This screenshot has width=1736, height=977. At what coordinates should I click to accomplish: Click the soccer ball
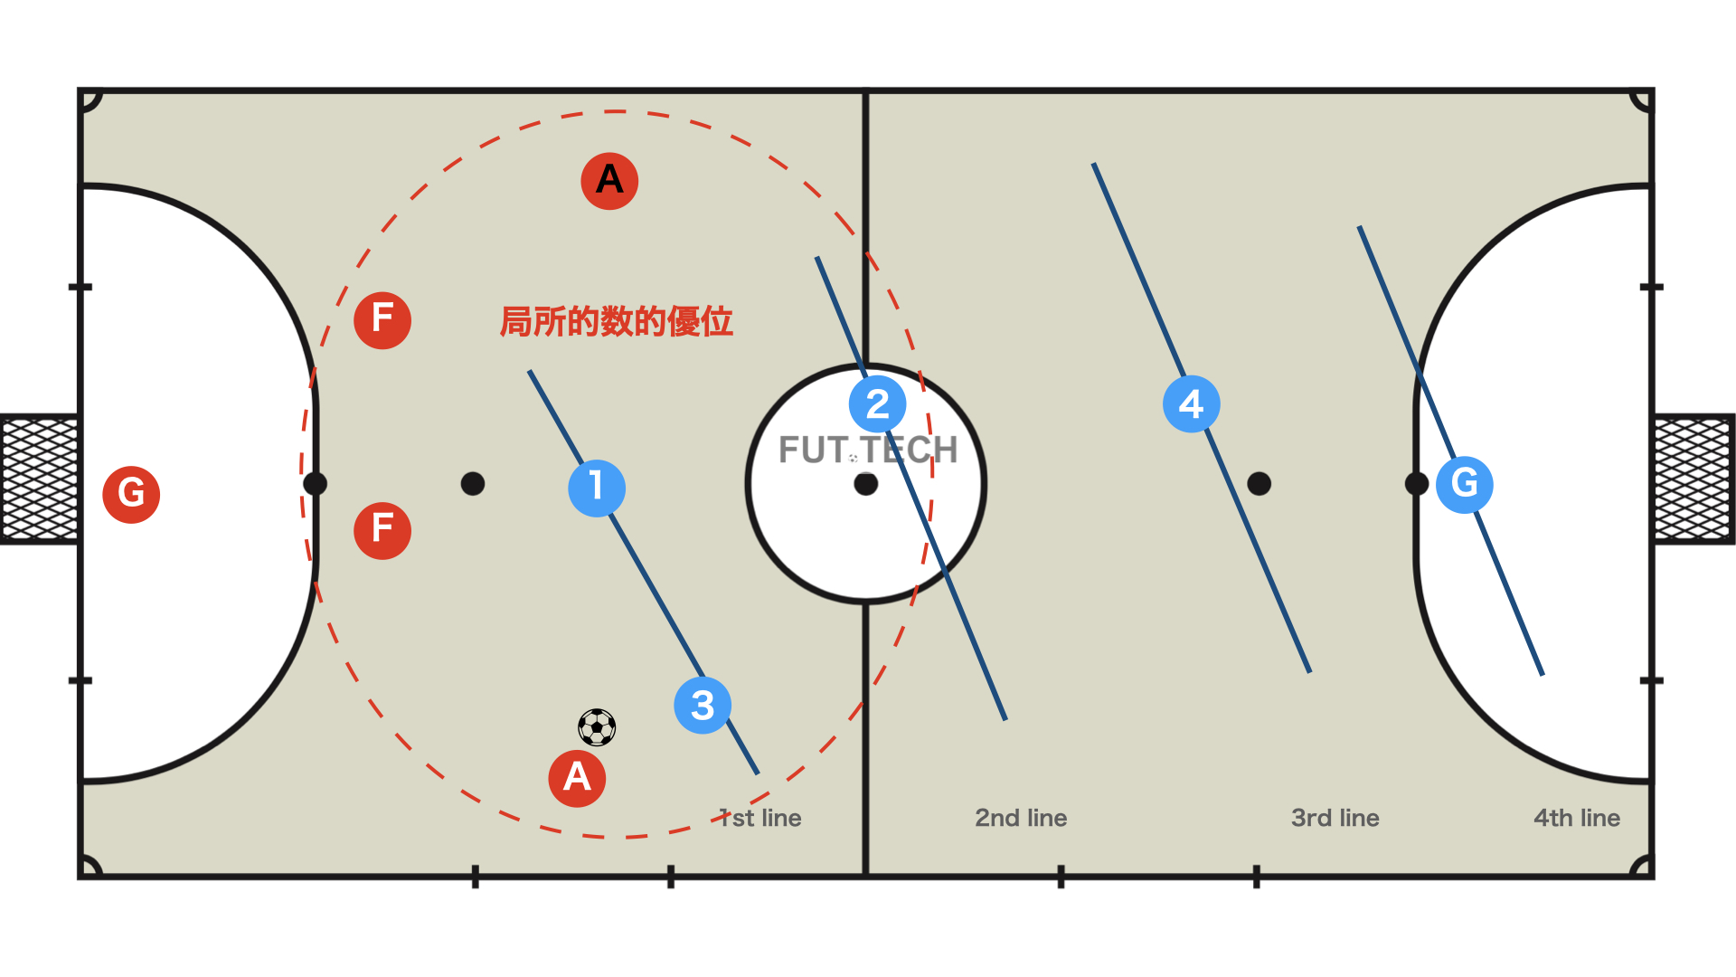coord(597,726)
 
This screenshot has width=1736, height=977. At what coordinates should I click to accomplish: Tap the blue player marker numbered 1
coord(597,488)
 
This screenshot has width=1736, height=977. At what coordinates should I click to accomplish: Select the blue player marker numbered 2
coord(877,403)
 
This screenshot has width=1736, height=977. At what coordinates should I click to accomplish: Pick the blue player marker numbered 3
coord(703,705)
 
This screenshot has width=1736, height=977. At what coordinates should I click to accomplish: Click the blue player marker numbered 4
coord(1191,403)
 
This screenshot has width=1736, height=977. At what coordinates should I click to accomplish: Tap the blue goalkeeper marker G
coord(1464,484)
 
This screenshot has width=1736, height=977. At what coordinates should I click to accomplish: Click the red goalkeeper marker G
coord(131,494)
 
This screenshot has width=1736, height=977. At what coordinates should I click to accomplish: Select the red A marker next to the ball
coord(577,778)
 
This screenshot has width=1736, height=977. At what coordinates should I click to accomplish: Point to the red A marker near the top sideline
coord(609,180)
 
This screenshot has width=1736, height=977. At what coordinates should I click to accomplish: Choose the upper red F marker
coord(382,319)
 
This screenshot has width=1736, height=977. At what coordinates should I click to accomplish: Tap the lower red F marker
coord(382,530)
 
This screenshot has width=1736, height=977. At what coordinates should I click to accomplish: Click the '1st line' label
coord(760,818)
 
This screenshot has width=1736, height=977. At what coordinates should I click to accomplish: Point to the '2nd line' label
coord(1021,818)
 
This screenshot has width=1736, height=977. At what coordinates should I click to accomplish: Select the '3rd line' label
coord(1335,818)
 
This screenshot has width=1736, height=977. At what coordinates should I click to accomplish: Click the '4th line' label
coord(1576,818)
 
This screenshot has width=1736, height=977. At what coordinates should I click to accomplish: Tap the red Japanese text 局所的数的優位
coord(616,321)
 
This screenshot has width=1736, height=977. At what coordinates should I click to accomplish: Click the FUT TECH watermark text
coord(868,450)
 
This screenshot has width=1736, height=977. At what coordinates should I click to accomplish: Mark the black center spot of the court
coord(866,484)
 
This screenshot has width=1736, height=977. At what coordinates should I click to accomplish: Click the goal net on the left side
coord(40,479)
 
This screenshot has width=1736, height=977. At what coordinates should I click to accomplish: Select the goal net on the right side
coord(1694,479)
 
